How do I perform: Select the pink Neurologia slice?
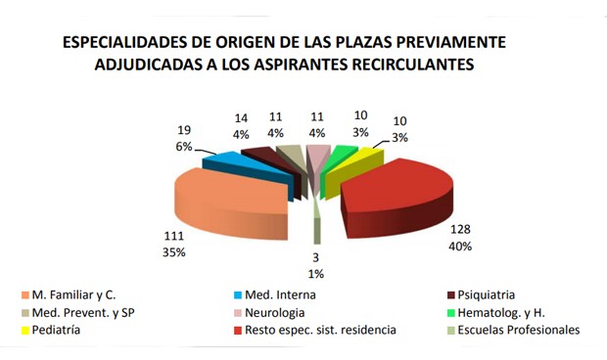317,152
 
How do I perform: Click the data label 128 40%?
455,238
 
